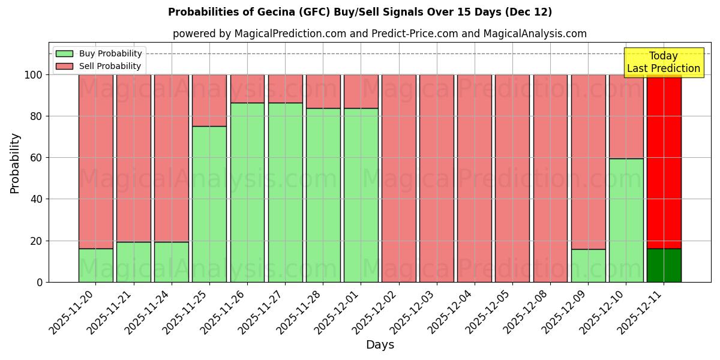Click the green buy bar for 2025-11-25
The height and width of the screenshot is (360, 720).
[209, 204]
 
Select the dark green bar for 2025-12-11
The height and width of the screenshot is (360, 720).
[664, 265]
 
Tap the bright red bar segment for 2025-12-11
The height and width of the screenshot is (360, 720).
[664, 161]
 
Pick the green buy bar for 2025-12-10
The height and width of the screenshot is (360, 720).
[626, 220]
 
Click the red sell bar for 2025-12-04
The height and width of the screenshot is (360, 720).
[474, 178]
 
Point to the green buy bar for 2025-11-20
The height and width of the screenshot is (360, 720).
[95, 265]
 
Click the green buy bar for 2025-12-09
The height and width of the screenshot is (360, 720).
[588, 265]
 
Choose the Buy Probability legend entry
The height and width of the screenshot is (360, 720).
[99, 53]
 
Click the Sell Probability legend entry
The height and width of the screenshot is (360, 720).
[99, 66]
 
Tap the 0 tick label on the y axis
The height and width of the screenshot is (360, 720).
[40, 282]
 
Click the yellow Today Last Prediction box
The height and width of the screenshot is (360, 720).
[663, 62]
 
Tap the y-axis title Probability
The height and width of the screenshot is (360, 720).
[15, 163]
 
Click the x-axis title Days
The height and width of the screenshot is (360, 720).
[380, 345]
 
